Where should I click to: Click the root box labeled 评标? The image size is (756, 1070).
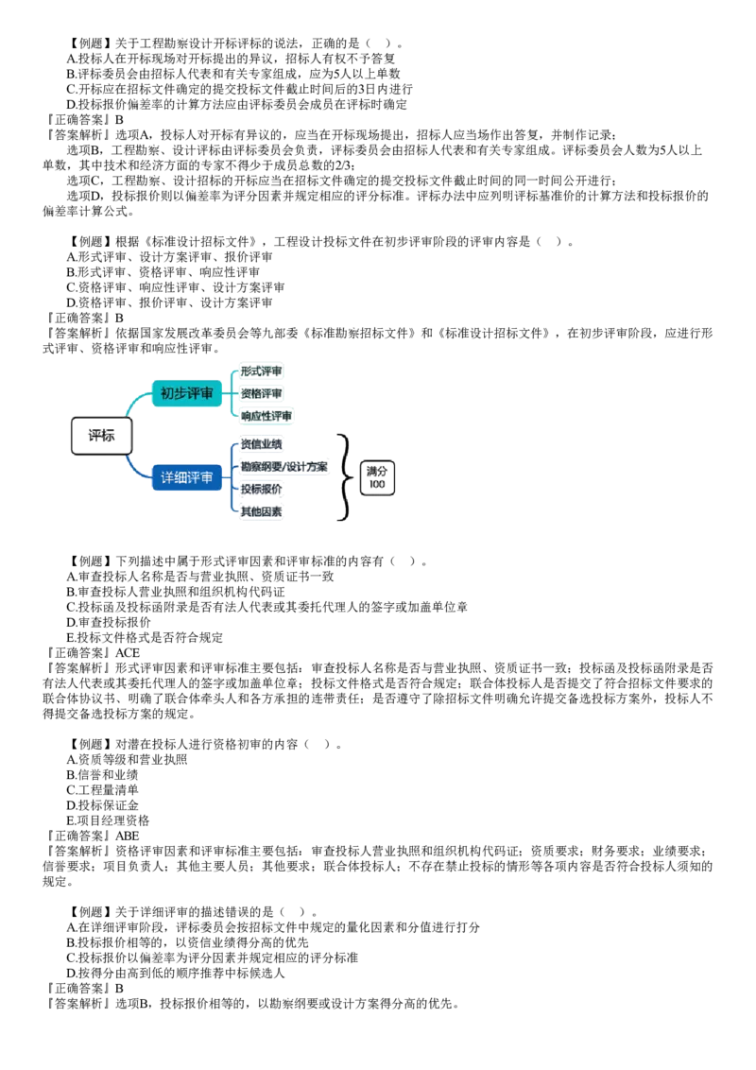[101, 436]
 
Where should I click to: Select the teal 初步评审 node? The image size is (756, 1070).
[187, 393]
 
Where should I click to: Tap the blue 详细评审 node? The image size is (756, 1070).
[187, 477]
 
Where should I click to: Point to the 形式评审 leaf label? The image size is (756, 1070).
[261, 371]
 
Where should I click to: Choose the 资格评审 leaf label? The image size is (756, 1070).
[261, 393]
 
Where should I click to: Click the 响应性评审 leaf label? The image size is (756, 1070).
[266, 416]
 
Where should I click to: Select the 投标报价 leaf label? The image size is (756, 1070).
[261, 489]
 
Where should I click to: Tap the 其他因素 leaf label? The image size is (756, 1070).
[261, 511]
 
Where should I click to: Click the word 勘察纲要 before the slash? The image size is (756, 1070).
[261, 467]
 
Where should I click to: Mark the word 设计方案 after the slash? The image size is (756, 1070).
[308, 467]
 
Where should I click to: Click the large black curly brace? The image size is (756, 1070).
[344, 476]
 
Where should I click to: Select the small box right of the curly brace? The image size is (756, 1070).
[379, 476]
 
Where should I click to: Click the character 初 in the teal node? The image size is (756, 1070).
[166, 393]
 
